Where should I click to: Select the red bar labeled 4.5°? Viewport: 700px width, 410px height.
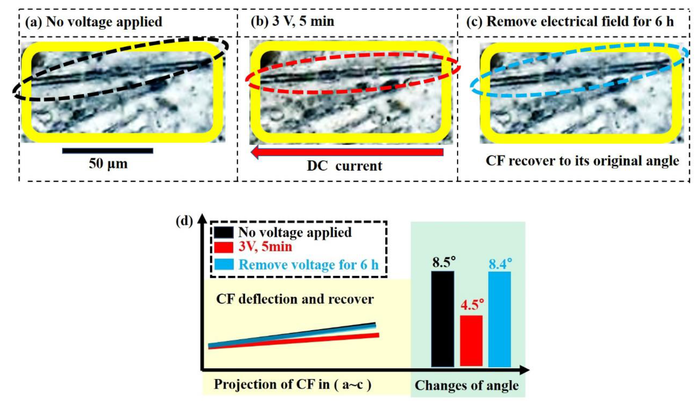click(471, 341)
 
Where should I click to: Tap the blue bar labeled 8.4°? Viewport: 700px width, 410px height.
click(499, 319)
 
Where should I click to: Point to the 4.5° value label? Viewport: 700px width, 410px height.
click(472, 305)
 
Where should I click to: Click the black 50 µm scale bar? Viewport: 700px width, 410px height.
click(107, 151)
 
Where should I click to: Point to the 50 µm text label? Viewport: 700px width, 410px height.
click(108, 164)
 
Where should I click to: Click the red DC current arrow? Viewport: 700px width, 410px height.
click(347, 152)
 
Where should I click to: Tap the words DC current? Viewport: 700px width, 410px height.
click(344, 166)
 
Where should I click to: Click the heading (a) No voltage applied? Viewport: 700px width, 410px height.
click(94, 22)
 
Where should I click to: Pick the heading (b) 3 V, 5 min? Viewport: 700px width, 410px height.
click(292, 21)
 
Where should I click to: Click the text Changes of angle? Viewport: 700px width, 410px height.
click(467, 385)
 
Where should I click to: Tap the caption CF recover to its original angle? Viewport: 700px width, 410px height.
click(582, 161)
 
